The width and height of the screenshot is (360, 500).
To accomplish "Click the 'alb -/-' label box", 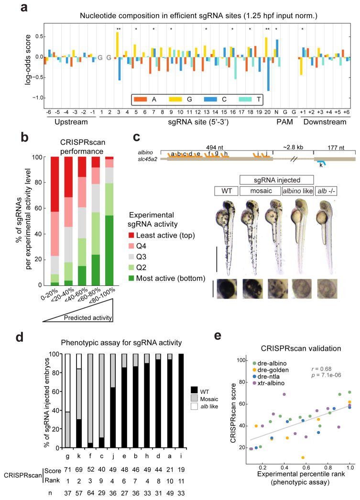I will pos(328,191).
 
